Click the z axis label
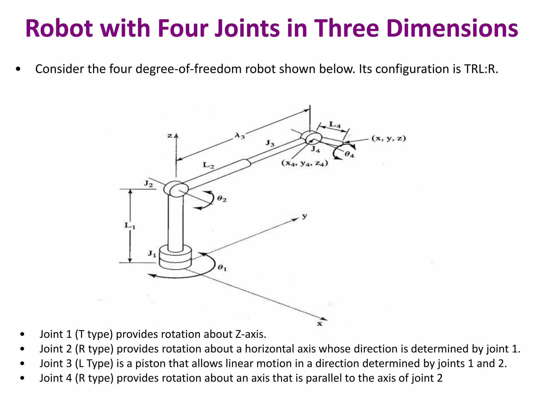[x=170, y=136]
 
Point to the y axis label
[x=305, y=216]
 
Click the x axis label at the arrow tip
[x=319, y=324]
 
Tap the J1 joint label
[x=152, y=253]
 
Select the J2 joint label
[x=149, y=184]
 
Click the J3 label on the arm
[x=270, y=143]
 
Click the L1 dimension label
[x=130, y=225]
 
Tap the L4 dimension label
[x=335, y=124]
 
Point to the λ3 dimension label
[x=240, y=136]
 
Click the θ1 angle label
[x=222, y=267]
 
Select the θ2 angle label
[x=222, y=199]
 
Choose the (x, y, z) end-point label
[x=389, y=138]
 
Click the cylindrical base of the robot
[x=175, y=258]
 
